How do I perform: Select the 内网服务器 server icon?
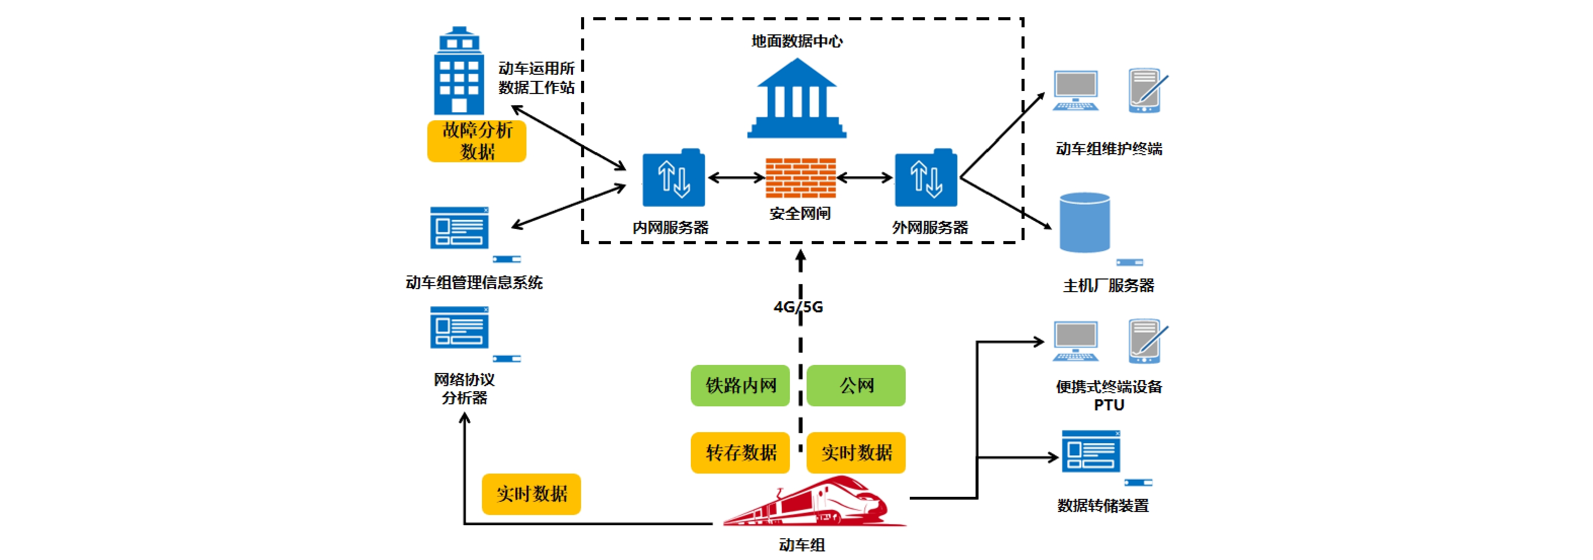click(x=674, y=178)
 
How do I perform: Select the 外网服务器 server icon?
click(x=926, y=178)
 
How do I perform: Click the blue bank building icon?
click(x=796, y=99)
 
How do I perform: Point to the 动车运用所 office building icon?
click(x=458, y=72)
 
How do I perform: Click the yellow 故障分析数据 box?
click(x=477, y=141)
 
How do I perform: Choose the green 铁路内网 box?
click(x=740, y=386)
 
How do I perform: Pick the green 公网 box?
click(x=856, y=386)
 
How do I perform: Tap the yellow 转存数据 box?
click(x=740, y=452)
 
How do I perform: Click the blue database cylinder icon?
click(x=1085, y=222)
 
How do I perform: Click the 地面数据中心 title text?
click(x=796, y=41)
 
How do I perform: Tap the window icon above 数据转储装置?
click(x=1091, y=452)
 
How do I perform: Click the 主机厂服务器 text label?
click(x=1108, y=286)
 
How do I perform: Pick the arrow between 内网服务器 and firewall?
click(x=736, y=178)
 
